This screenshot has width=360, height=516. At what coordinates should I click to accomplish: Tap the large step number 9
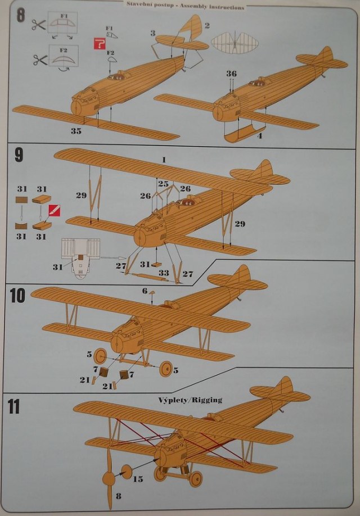click(19, 155)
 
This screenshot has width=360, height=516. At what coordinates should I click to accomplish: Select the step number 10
click(17, 295)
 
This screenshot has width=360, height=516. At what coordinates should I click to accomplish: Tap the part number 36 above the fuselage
click(231, 74)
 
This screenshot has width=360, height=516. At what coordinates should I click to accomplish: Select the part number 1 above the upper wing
click(164, 160)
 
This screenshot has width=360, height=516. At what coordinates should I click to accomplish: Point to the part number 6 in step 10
click(145, 291)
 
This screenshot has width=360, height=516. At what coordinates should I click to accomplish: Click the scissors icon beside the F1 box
click(38, 25)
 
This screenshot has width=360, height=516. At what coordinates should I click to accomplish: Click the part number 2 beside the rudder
click(208, 25)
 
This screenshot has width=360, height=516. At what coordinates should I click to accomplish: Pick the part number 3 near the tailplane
click(152, 33)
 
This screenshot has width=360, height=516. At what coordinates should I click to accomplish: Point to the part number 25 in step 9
click(164, 184)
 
